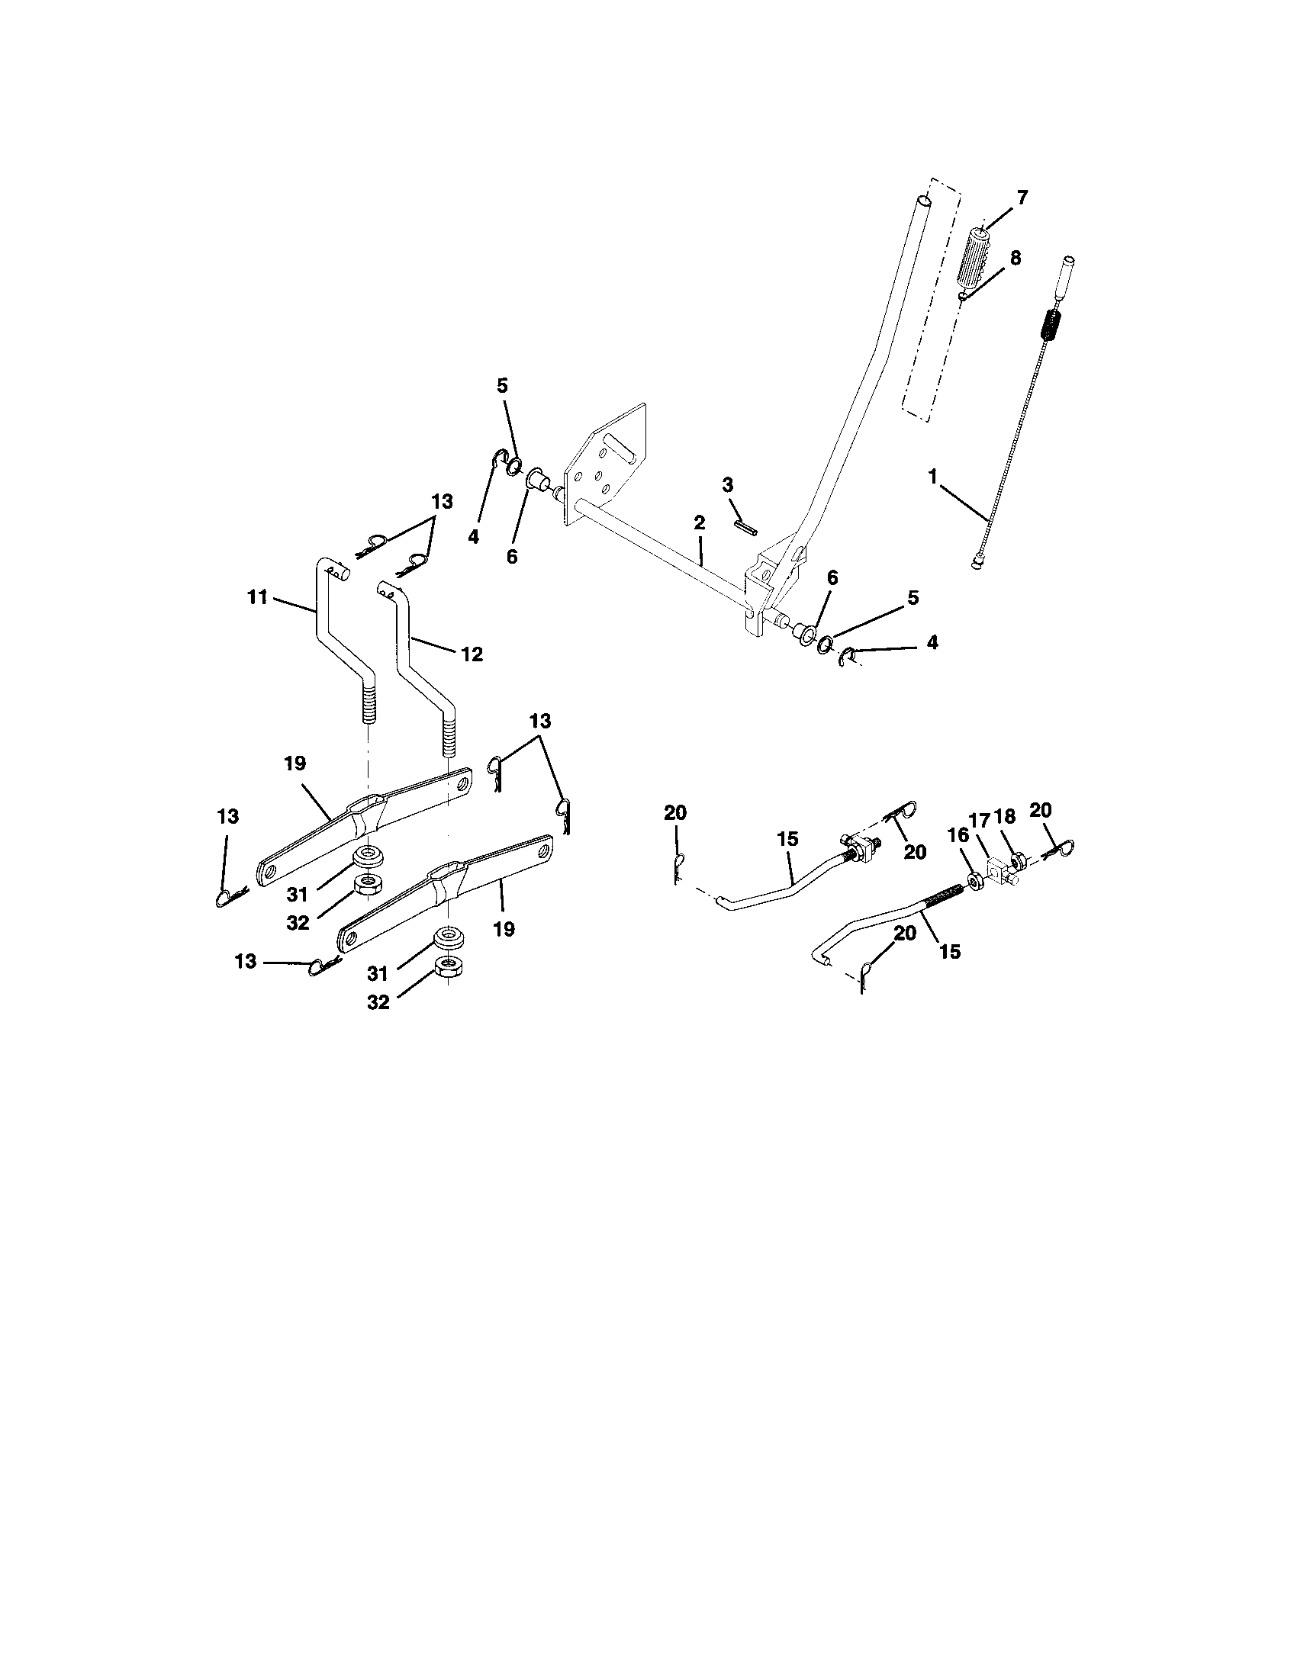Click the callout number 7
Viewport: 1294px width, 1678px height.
1021,198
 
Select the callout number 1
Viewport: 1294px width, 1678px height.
933,477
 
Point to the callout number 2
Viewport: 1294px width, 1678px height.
698,523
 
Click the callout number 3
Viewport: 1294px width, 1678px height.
728,485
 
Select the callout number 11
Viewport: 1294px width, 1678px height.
257,596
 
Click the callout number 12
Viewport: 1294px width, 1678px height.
472,654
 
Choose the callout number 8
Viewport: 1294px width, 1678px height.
1015,259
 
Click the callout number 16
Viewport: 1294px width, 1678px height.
959,835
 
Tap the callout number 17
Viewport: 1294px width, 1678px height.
980,820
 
